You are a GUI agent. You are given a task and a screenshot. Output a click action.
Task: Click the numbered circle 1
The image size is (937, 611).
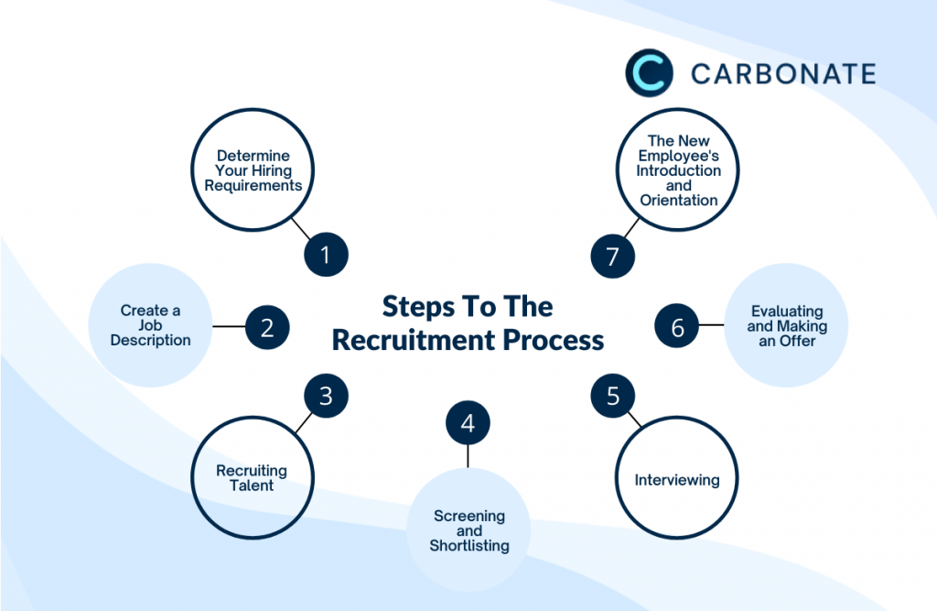pos(326,256)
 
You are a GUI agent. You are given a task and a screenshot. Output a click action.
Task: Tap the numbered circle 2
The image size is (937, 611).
pos(267,327)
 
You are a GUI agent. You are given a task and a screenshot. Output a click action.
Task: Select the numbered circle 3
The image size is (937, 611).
pos(326,396)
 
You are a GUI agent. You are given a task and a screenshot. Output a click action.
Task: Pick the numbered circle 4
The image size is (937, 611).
pos(468,423)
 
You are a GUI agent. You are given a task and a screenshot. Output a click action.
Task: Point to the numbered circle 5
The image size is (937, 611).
pos(612,396)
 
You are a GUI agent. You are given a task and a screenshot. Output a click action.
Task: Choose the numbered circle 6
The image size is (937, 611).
pos(678,327)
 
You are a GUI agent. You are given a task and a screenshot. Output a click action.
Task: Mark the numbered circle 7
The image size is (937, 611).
pos(612,256)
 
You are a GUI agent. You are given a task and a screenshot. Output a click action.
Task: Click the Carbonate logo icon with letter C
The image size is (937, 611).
pos(649,73)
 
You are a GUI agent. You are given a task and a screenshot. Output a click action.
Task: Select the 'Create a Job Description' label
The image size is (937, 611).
pos(150,325)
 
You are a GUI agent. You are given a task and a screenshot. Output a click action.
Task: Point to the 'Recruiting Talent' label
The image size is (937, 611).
pos(252,477)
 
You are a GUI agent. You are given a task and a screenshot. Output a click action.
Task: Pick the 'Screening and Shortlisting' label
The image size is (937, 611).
pos(468,530)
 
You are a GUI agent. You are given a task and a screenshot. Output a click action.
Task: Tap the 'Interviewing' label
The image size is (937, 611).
pos(677,480)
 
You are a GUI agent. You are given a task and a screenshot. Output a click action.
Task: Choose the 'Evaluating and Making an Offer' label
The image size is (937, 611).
pos(786,326)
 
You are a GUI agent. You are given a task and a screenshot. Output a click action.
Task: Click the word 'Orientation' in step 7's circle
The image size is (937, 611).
pos(678,200)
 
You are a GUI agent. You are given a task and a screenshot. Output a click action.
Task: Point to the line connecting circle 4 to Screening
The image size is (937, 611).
pos(468,455)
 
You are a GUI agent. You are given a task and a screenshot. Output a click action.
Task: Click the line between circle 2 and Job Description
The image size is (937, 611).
pos(229,326)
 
